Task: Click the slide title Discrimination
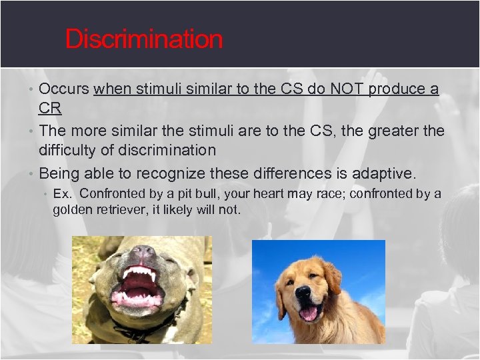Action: tap(143, 39)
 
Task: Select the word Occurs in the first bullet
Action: tap(65, 89)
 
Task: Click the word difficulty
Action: tap(71, 150)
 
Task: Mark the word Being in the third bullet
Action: tap(60, 174)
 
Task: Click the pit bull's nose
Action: tap(142, 253)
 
